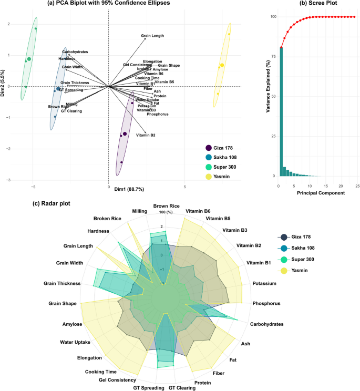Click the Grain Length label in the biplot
point(152,36)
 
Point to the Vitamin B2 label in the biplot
point(146,136)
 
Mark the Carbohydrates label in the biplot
point(75,52)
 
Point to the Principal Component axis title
point(318,193)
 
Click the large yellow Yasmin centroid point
point(222,65)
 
